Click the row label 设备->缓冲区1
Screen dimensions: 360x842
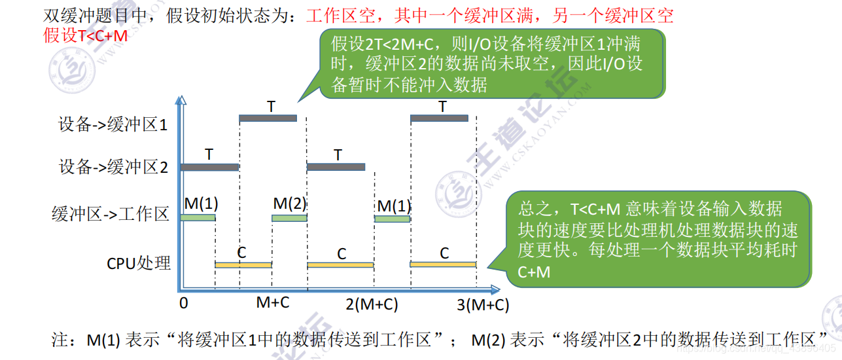pyautogui.click(x=113, y=125)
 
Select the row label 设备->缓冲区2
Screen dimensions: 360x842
pyautogui.click(x=113, y=167)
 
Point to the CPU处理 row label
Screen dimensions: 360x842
pyautogui.click(x=139, y=263)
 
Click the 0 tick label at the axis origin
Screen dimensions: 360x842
pyautogui.click(x=184, y=303)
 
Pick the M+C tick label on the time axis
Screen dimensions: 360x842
pyautogui.click(x=273, y=302)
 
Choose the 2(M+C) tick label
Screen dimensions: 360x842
pyautogui.click(x=372, y=304)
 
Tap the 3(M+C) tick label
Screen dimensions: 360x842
pyautogui.click(x=483, y=304)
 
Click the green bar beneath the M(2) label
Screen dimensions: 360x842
pyautogui.click(x=289, y=218)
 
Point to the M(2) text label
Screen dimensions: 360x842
pyautogui.click(x=289, y=204)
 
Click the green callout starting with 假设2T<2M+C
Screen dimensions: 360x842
pyautogui.click(x=491, y=63)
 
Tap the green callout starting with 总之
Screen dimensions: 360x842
pyautogui.click(x=659, y=239)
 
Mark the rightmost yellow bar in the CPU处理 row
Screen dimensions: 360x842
pyautogui.click(x=443, y=264)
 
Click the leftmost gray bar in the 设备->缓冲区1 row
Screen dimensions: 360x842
pyautogui.click(x=268, y=118)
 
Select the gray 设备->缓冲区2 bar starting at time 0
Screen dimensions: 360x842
pyautogui.click(x=209, y=167)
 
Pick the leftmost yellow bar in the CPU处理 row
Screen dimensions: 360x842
pyautogui.click(x=243, y=264)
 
